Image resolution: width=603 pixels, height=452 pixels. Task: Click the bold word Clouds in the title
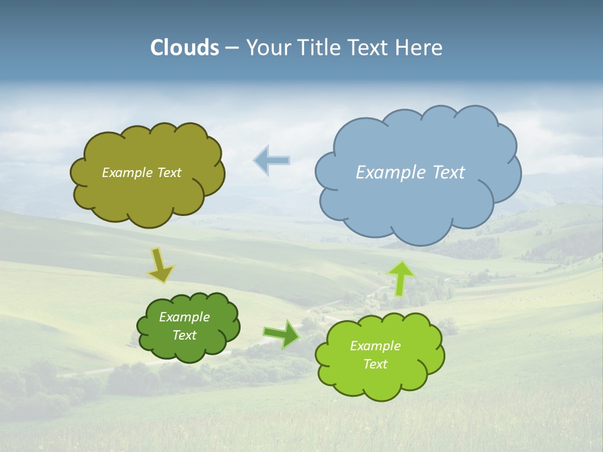tap(185, 48)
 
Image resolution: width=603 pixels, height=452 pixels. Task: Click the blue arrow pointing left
tap(271, 160)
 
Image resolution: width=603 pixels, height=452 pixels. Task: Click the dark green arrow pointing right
tap(281, 333)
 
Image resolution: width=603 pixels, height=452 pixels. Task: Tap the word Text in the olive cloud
tap(169, 173)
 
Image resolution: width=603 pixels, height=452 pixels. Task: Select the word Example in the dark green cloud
tap(184, 317)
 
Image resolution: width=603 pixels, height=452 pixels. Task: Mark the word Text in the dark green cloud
tap(184, 335)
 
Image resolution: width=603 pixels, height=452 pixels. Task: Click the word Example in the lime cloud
tap(375, 346)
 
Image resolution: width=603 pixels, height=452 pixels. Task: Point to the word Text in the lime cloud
tap(375, 364)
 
